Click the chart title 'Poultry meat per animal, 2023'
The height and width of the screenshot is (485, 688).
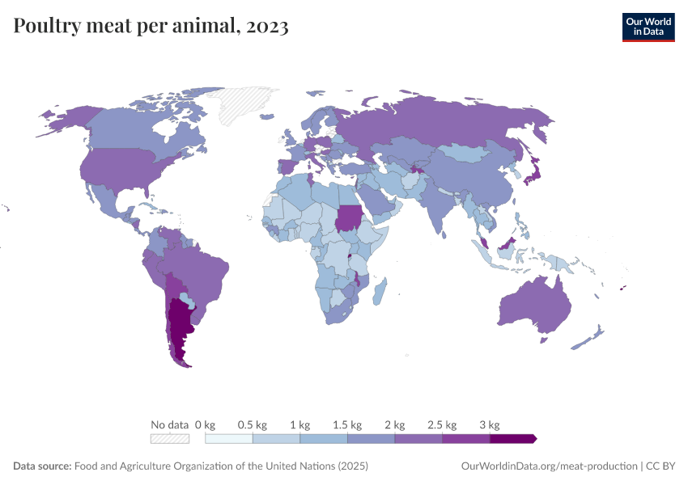[x=151, y=27]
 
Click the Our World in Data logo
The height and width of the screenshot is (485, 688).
[x=648, y=27]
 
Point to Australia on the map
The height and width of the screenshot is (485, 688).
[x=535, y=303]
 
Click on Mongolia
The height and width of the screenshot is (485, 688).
[x=469, y=152]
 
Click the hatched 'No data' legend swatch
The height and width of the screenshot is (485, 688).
[x=170, y=439]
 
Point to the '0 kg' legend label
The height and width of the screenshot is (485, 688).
[x=205, y=424]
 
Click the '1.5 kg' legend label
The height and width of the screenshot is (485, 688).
[x=347, y=424]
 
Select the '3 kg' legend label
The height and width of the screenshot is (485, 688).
[x=490, y=424]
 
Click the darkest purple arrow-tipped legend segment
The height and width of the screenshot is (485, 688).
[x=512, y=439]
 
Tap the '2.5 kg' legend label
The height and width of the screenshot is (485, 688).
[x=442, y=424]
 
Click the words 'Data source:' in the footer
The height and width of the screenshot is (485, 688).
[x=42, y=466]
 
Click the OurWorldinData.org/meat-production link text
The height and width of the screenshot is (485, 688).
[x=547, y=466]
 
